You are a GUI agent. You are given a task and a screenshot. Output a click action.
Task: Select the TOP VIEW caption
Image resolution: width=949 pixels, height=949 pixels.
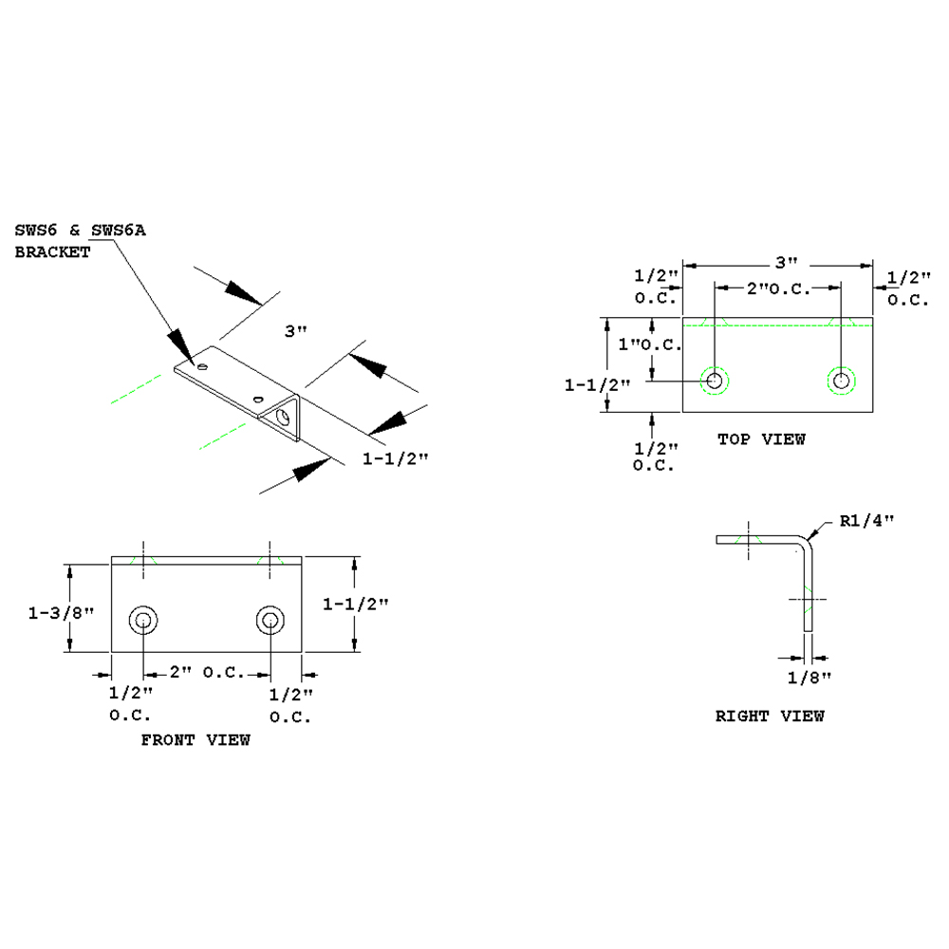[761, 439]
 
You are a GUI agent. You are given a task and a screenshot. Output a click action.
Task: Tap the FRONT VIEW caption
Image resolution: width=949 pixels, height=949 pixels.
[195, 739]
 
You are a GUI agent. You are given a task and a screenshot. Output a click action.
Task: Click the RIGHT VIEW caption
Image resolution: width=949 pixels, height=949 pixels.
[770, 716]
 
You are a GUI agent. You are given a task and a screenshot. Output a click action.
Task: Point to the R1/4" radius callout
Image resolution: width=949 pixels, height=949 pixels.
[867, 521]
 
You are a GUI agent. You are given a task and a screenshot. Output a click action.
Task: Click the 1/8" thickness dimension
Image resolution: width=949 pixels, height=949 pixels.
[809, 677]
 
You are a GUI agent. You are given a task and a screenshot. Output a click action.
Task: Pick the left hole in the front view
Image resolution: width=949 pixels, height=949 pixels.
[143, 622]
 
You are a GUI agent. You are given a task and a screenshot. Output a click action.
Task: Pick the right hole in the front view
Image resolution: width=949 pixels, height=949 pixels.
[270, 622]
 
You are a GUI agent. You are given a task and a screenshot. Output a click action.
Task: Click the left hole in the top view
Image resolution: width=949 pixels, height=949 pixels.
[715, 381]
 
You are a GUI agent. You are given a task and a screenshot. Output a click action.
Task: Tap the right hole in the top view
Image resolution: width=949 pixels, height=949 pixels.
[841, 381]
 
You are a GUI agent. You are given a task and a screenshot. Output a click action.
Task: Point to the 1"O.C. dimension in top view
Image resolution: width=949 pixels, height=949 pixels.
[650, 344]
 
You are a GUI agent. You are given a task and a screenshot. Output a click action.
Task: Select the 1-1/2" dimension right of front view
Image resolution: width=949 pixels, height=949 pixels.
[356, 604]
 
